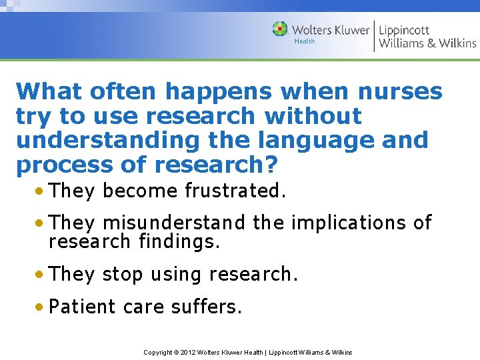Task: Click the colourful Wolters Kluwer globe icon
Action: pyautogui.click(x=280, y=29)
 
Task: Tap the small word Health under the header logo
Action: pyautogui.click(x=304, y=41)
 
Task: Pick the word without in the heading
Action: pyautogui.click(x=313, y=116)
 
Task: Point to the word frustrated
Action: pyautogui.click(x=235, y=191)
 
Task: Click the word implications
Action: pyautogui.click(x=344, y=223)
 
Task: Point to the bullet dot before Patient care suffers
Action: pyautogui.click(x=41, y=307)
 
